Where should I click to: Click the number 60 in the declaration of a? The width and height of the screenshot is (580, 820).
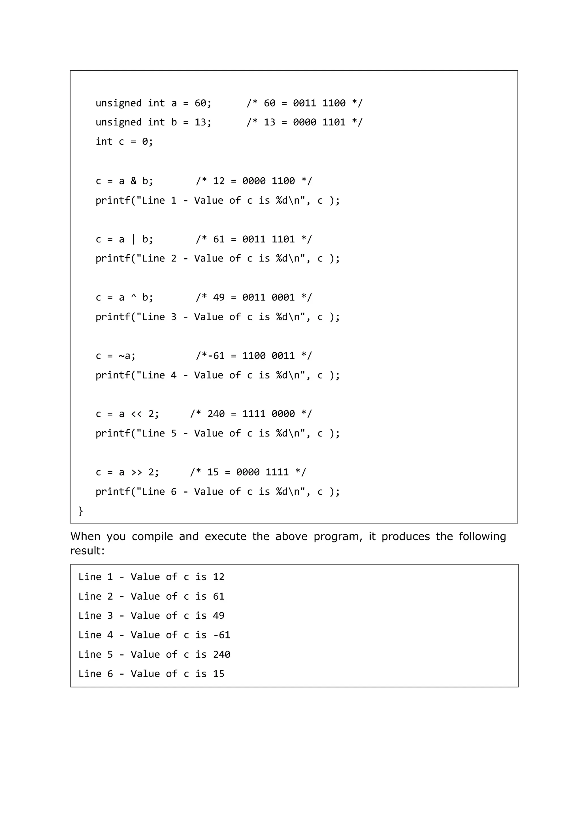point(200,103)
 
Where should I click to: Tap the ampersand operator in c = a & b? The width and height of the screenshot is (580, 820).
point(134,181)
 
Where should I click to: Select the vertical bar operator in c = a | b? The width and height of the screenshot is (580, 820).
point(134,239)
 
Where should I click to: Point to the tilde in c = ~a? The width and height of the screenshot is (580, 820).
point(121,356)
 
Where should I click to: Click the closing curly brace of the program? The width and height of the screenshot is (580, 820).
point(81,511)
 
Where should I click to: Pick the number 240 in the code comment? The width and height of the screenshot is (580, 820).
point(216,414)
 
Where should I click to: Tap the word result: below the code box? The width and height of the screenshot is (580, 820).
point(88,551)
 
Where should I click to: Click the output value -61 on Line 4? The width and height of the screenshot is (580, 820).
point(221,635)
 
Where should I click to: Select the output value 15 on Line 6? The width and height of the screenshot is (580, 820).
point(219,674)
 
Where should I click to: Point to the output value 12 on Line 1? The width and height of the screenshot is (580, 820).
point(219,577)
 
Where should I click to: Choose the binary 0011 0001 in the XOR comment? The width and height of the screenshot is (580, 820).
point(268,297)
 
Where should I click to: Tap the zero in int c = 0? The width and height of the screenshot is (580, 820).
point(145,142)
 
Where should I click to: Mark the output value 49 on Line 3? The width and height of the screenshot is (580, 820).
point(219,615)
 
